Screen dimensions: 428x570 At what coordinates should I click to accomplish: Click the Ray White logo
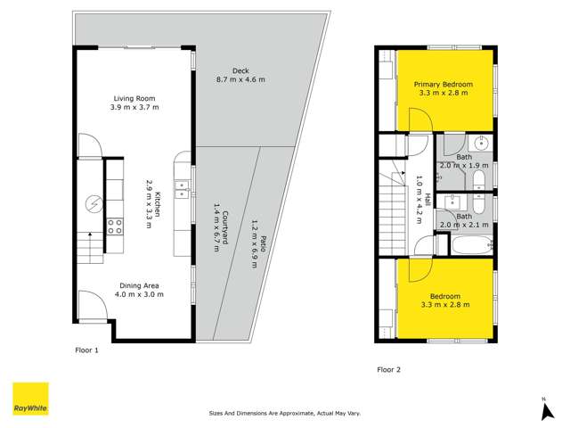click(x=29, y=399)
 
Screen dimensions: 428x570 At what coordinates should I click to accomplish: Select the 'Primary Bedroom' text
click(x=443, y=84)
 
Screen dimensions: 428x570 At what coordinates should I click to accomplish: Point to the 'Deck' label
click(x=240, y=70)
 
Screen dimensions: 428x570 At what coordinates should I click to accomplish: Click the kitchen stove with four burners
click(x=115, y=226)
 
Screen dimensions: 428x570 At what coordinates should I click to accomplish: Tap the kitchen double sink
click(x=181, y=188)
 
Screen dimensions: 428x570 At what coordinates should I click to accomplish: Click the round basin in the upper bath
click(x=481, y=143)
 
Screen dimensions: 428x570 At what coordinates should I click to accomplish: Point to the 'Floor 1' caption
click(x=86, y=350)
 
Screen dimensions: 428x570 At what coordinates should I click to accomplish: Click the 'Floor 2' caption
click(x=389, y=369)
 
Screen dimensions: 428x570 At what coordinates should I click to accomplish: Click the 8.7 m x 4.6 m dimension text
click(x=240, y=80)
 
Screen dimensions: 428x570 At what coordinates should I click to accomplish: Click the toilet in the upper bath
click(x=478, y=181)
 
